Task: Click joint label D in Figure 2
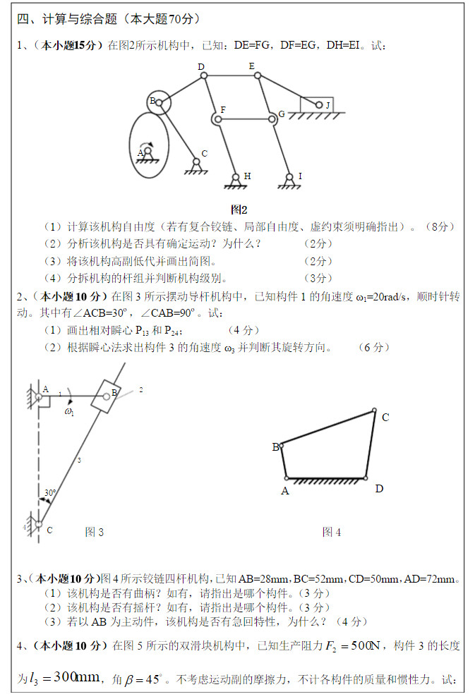(x=201, y=66)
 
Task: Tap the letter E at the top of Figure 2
(x=251, y=66)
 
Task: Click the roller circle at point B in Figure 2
(x=160, y=103)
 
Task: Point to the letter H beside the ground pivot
(x=247, y=176)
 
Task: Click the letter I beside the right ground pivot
(x=300, y=176)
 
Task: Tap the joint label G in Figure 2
(x=282, y=114)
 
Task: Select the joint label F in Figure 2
(x=223, y=110)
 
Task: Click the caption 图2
(x=239, y=209)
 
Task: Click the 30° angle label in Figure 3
(x=50, y=492)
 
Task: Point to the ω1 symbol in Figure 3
(x=69, y=411)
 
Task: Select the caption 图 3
(x=94, y=532)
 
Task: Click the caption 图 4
(x=331, y=532)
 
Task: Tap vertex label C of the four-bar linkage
(x=385, y=418)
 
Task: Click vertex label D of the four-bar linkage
(x=379, y=488)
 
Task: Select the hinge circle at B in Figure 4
(x=282, y=445)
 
